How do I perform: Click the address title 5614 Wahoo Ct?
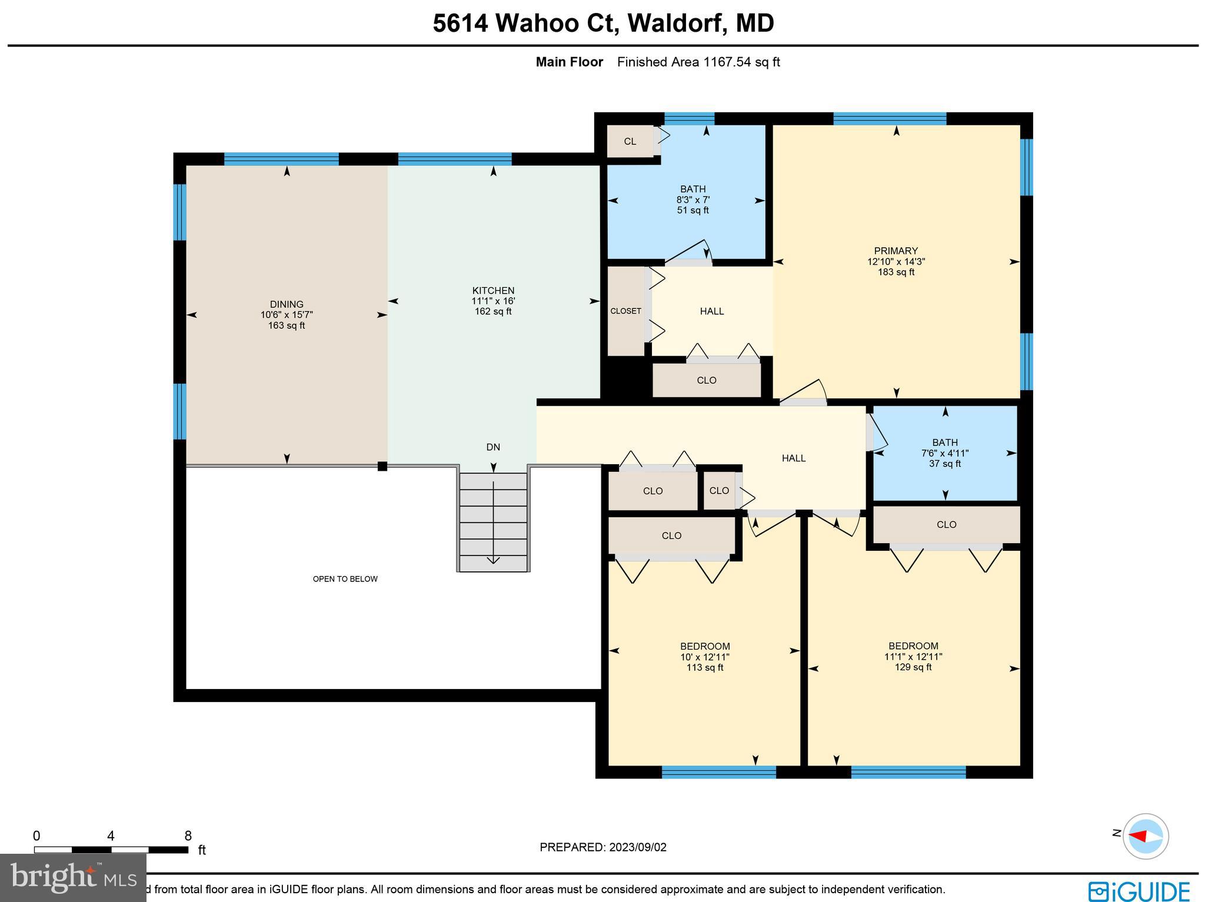[x=602, y=24]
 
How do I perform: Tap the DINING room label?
[x=287, y=304]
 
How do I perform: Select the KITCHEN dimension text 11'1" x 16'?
[x=493, y=301]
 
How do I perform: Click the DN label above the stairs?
[x=493, y=447]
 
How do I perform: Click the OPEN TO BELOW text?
[x=345, y=579]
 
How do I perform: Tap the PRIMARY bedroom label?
[x=896, y=251]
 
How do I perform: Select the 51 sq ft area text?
[x=693, y=210]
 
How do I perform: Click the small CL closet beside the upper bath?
[x=630, y=141]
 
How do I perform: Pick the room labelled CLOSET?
[x=625, y=311]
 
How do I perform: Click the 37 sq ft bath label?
[x=945, y=464]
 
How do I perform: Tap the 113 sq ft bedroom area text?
[x=704, y=667]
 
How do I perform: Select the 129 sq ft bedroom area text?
[x=913, y=667]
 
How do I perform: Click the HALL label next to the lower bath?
[x=793, y=458]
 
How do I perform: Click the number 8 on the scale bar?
[x=188, y=836]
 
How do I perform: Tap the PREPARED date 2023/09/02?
[x=603, y=847]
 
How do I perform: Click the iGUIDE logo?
[x=1139, y=890]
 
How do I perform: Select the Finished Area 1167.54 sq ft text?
[x=698, y=62]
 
